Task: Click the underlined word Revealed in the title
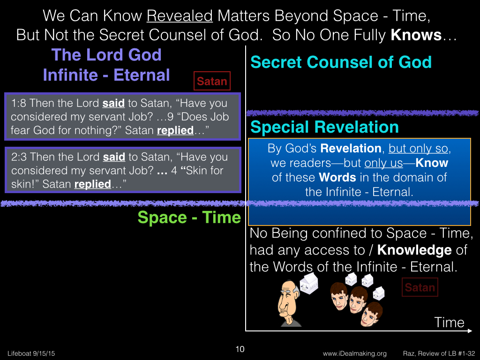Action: coord(180,16)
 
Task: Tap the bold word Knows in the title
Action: coord(416,35)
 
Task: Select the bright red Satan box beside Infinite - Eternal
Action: coord(212,81)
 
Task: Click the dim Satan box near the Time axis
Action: coord(420,287)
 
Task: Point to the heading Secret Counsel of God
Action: coord(341,62)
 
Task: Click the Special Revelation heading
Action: coord(324,127)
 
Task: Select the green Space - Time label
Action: coord(189,217)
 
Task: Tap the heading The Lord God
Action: coord(106,55)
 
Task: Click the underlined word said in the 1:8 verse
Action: coord(113,103)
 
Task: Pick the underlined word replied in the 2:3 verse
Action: coord(92,184)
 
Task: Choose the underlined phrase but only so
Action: coord(418,149)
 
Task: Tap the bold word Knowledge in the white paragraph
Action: coord(414,250)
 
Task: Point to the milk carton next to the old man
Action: coord(308,284)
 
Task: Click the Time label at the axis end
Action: coord(449,322)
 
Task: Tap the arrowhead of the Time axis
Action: coord(469,330)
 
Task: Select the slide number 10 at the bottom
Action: coord(240,349)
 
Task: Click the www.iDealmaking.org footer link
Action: coord(354,353)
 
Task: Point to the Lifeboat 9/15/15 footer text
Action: coord(31,353)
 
